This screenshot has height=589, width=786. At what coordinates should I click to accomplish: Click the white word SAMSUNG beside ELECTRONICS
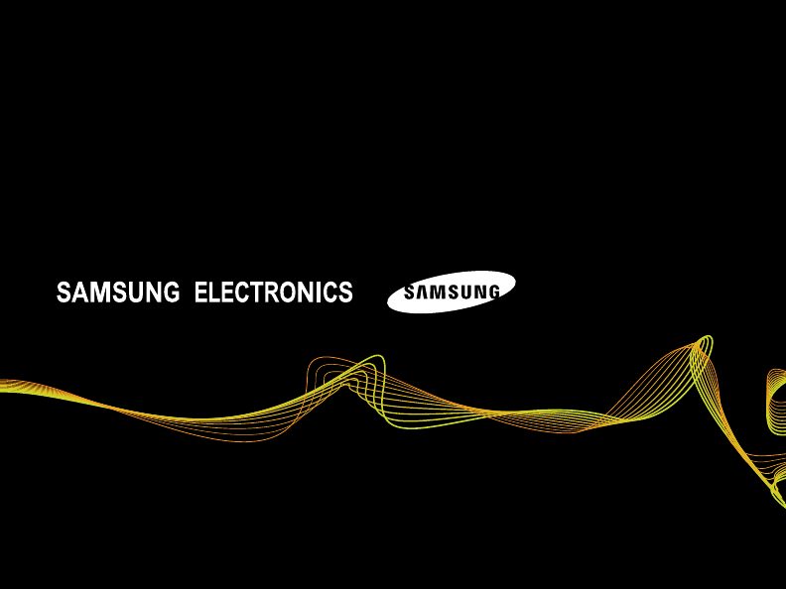pyautogui.click(x=118, y=293)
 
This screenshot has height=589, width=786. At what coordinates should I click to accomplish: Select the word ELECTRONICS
pyautogui.click(x=274, y=293)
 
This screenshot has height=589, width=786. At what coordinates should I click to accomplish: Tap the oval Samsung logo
pyautogui.click(x=451, y=292)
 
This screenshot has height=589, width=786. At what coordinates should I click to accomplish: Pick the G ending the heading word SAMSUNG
pyautogui.click(x=171, y=293)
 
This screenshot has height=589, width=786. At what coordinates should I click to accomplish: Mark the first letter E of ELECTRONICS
pyautogui.click(x=201, y=293)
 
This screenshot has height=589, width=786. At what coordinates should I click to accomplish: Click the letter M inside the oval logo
pyautogui.click(x=436, y=293)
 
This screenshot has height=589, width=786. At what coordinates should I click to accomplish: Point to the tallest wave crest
pyautogui.click(x=705, y=342)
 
